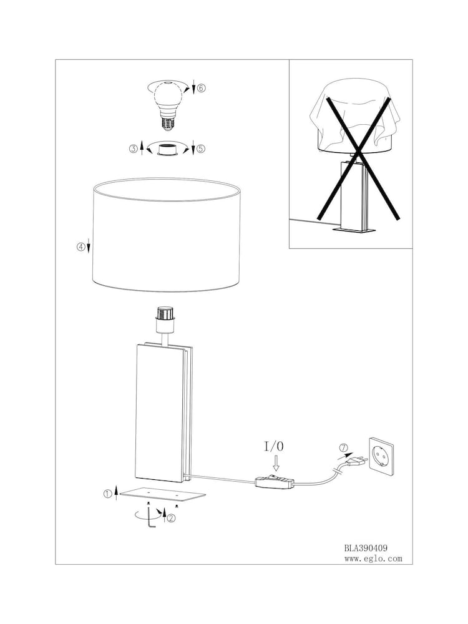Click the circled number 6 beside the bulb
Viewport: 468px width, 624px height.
click(x=201, y=88)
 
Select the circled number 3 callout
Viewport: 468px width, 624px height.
click(x=133, y=149)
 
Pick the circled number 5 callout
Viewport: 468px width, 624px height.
click(x=201, y=149)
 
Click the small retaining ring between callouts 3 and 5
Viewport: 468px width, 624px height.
click(x=167, y=150)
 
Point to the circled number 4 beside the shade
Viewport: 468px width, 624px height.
click(x=80, y=246)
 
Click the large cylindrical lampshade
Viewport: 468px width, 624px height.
click(x=167, y=234)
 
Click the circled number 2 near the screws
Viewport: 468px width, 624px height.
click(x=171, y=517)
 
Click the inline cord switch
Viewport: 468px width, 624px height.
click(x=274, y=481)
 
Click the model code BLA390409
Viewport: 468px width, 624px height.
click(x=366, y=547)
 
